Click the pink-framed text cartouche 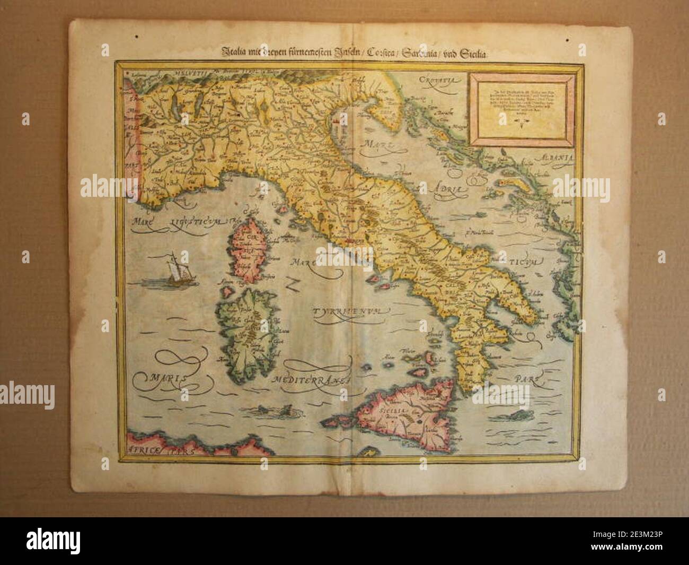pos(522,109)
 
